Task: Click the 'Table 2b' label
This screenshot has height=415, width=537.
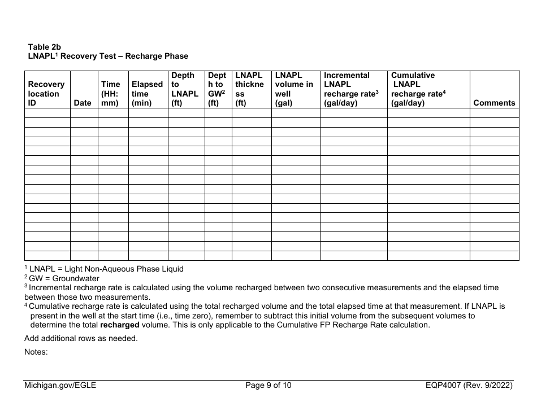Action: [x=45, y=47]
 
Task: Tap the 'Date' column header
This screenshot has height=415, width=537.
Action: [x=83, y=103]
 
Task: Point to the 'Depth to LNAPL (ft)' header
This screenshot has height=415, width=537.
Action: [x=185, y=89]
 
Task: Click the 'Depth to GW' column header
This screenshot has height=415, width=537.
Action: [x=217, y=89]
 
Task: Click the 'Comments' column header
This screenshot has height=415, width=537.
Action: [x=494, y=103]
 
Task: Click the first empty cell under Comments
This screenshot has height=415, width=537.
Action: [x=494, y=113]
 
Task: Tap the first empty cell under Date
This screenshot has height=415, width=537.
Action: [x=84, y=113]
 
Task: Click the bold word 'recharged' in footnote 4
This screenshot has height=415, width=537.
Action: [x=118, y=325]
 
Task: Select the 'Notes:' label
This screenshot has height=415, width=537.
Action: [x=36, y=352]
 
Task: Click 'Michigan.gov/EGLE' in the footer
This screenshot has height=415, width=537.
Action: [x=60, y=386]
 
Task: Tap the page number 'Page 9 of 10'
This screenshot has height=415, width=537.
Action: [x=268, y=386]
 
